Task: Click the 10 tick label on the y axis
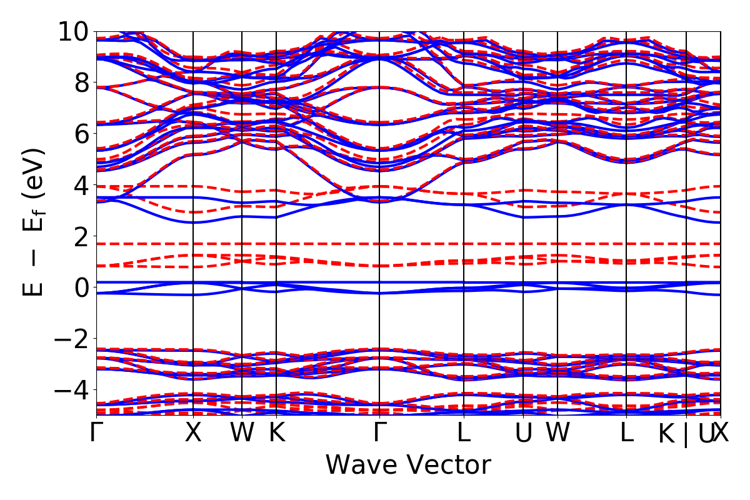[x=74, y=31]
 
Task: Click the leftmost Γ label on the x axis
[x=96, y=433]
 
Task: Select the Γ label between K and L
[x=379, y=433]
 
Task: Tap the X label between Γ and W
[x=193, y=433]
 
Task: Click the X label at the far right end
[x=722, y=433]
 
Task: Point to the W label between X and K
[x=242, y=433]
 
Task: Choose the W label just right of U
[x=557, y=433]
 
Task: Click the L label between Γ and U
[x=464, y=433]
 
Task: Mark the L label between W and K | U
[x=626, y=433]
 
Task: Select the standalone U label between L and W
[x=523, y=433]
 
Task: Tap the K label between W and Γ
[x=276, y=433]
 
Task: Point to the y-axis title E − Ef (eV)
[x=35, y=222]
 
